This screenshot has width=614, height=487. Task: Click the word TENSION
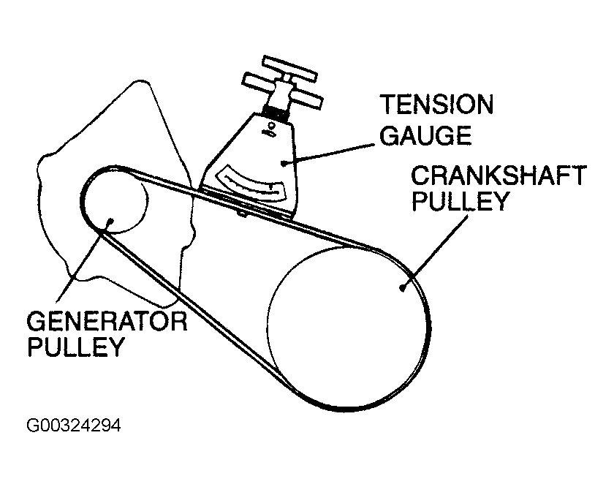tap(436, 105)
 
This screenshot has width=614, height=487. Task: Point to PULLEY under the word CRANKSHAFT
tap(460, 201)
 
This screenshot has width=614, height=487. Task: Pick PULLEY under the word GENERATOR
tap(75, 345)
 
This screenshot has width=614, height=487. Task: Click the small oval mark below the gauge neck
tap(270, 132)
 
